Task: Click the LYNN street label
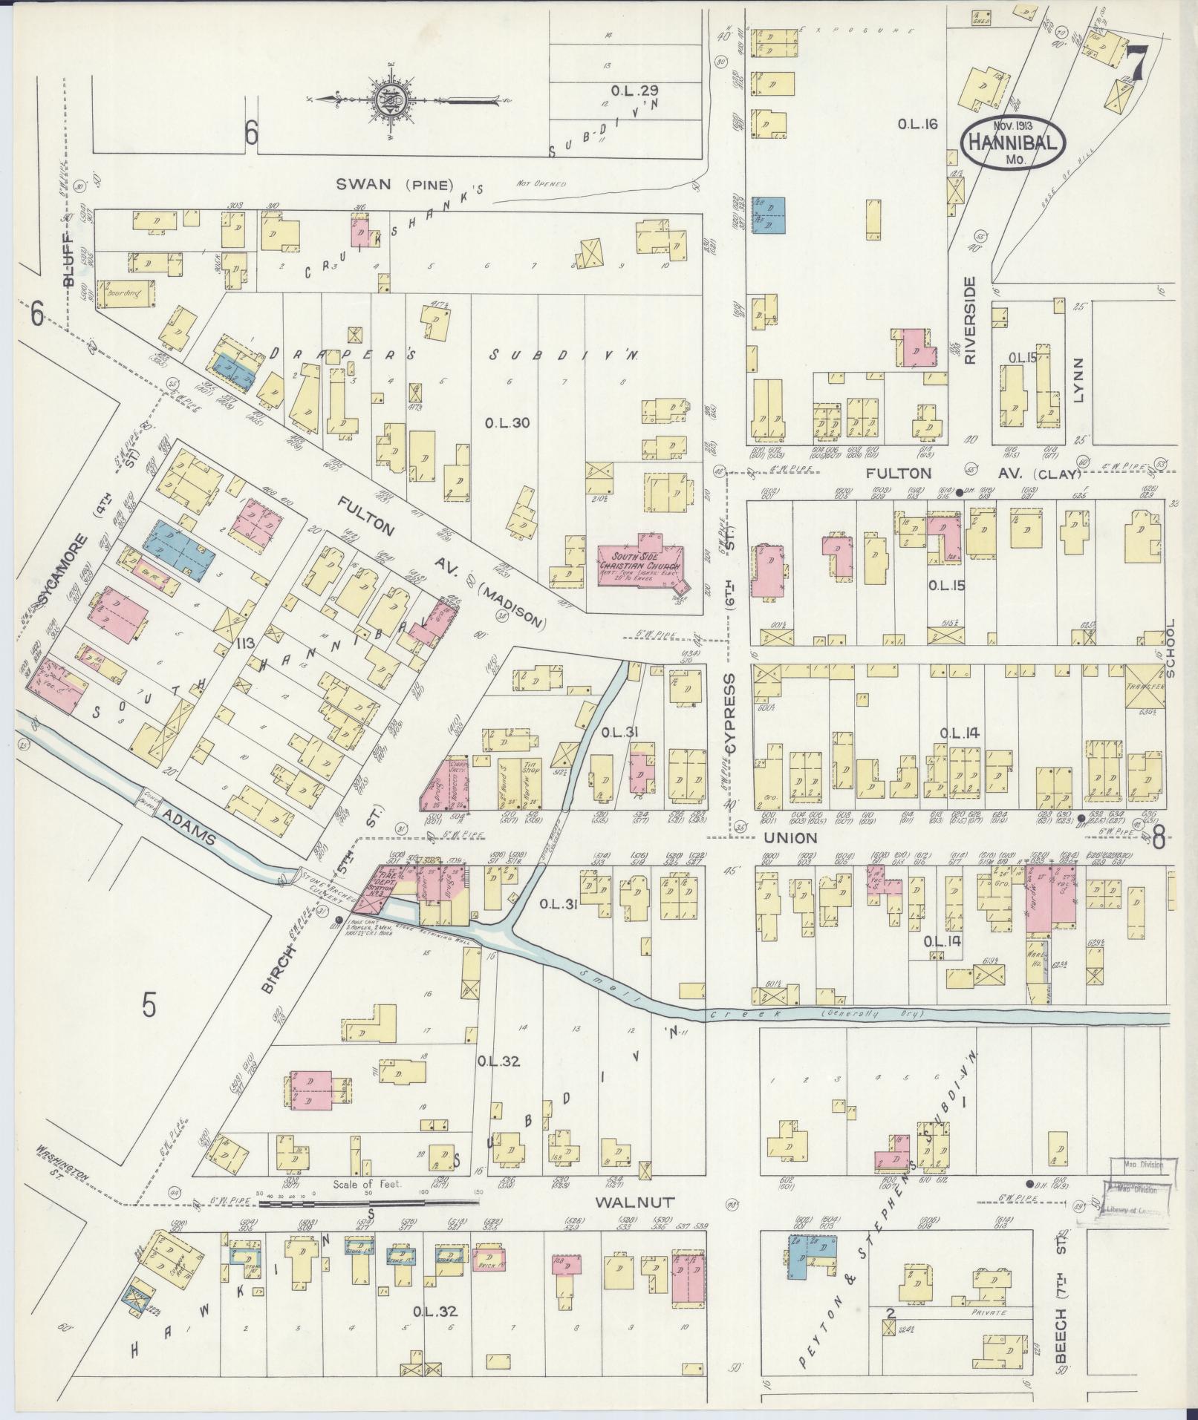tap(1078, 379)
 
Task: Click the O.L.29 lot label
tap(634, 91)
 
